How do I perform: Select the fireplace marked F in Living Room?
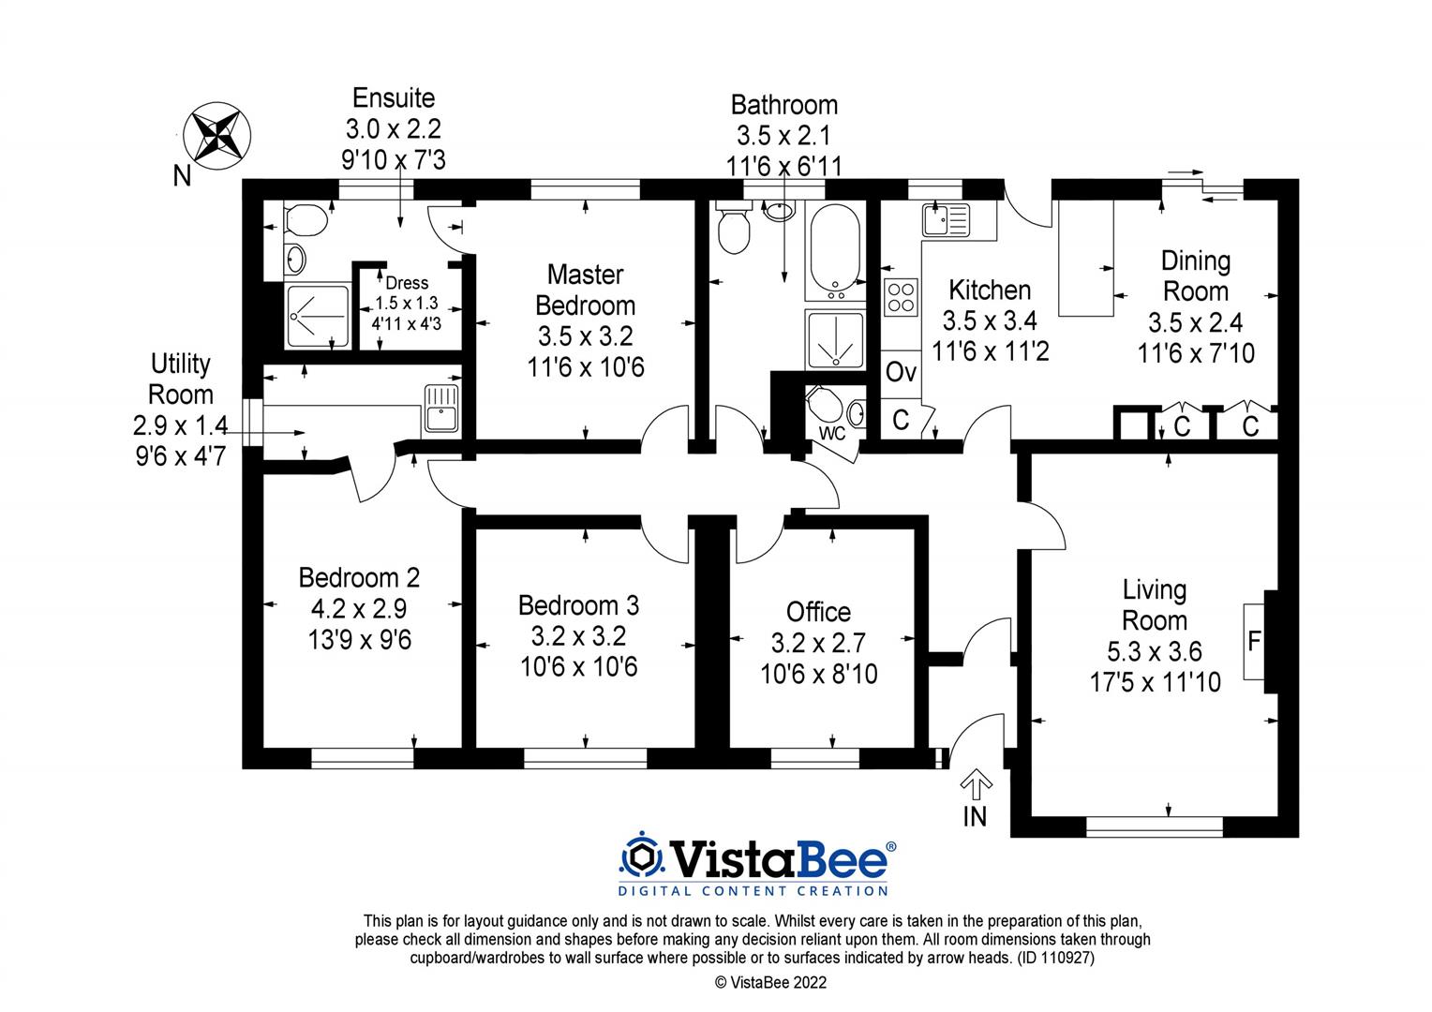pos(1253,642)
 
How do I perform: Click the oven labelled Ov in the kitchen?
pos(901,372)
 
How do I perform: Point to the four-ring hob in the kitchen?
pos(901,298)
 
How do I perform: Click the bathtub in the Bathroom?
pos(833,248)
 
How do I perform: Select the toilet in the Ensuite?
pos(304,222)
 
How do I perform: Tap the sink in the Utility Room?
pos(440,409)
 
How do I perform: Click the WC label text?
pos(832,434)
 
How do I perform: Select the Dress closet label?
pos(407,283)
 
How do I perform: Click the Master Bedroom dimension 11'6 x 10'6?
pos(586,367)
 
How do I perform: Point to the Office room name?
pos(818,612)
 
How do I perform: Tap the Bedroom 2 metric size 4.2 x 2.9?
pos(359,609)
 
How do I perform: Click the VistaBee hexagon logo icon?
pos(640,856)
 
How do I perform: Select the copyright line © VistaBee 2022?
pos(770,982)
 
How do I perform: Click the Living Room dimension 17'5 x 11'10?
pos(1155,681)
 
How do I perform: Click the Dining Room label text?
pos(1195,275)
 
